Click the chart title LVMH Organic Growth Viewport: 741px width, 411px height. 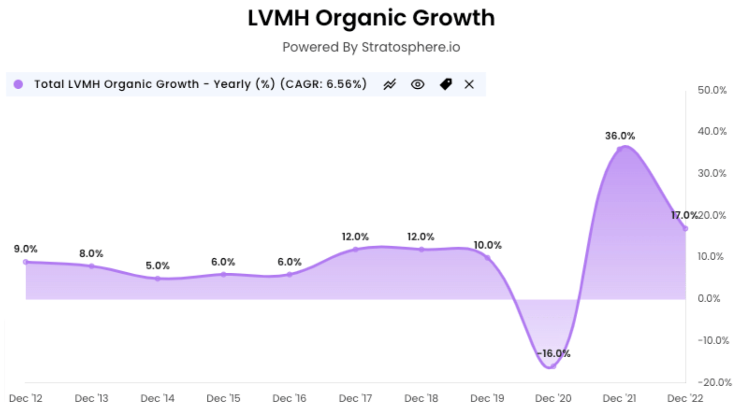pos(371,19)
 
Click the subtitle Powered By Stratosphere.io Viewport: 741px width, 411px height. pos(371,47)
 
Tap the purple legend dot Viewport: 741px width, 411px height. pos(18,84)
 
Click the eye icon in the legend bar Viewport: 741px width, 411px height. pos(417,84)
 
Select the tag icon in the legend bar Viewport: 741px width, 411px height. pos(446,84)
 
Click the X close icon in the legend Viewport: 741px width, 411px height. pos(469,84)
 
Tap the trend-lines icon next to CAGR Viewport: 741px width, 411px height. pos(390,84)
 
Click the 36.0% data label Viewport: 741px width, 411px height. pos(620,136)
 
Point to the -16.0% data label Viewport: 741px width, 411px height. pos(553,354)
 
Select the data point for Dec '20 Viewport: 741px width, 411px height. pos(553,366)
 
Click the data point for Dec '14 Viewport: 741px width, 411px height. pos(158,279)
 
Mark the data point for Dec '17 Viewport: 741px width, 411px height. pos(356,249)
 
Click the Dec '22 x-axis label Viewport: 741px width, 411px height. pos(685,398)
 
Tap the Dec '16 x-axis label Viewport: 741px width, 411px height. pos(289,398)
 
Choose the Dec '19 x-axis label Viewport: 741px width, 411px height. pos(487,398)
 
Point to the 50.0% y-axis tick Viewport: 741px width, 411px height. pos(712,90)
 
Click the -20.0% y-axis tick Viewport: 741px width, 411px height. pos(714,383)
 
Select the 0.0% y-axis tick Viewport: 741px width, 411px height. pos(709,298)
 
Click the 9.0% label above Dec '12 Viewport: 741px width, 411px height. pos(26,249)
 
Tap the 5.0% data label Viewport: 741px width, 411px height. pos(158,266)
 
